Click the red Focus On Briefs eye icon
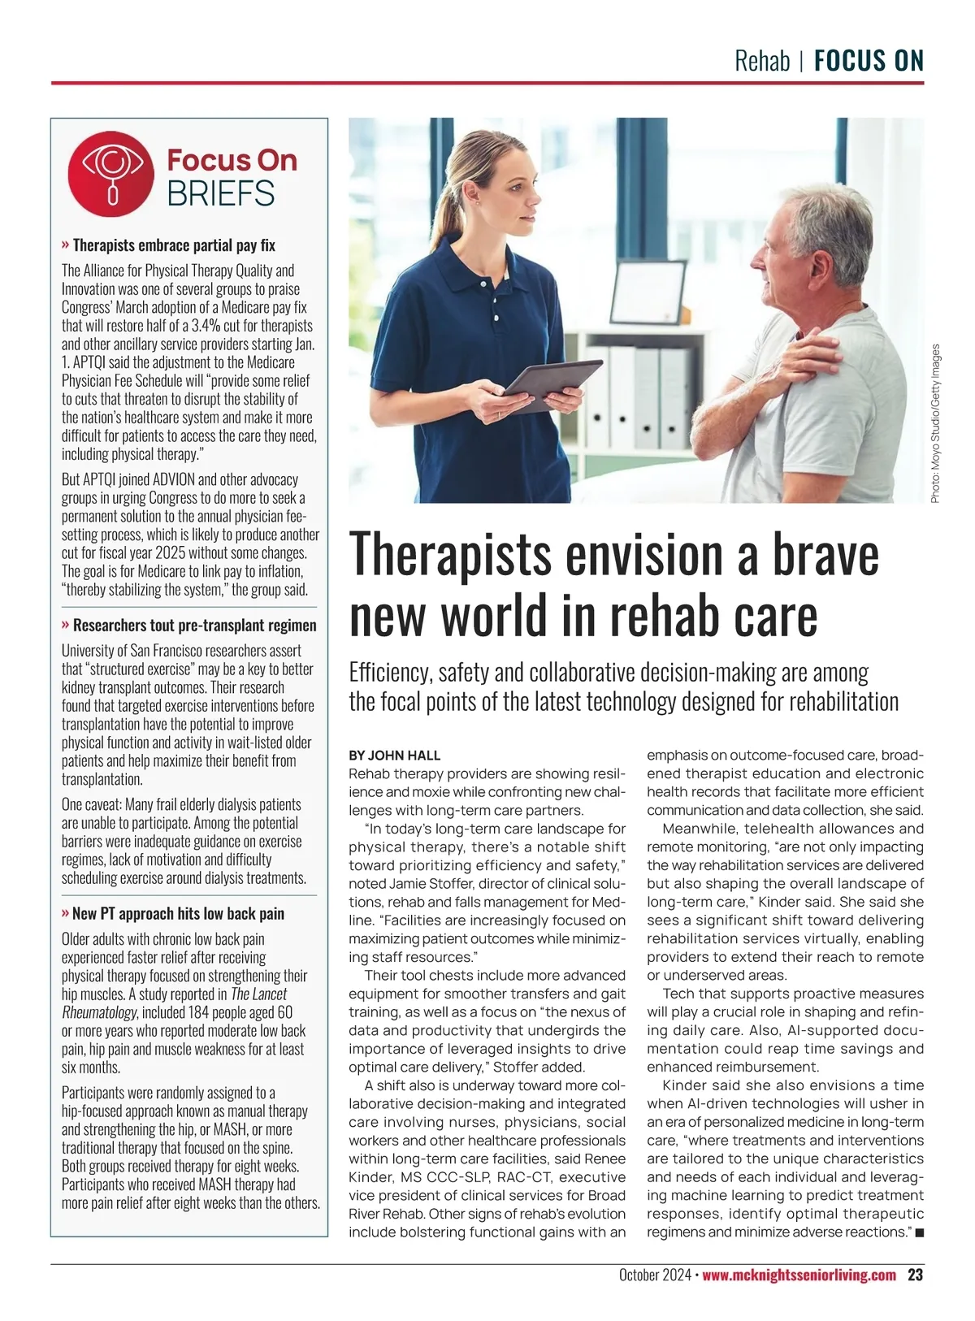(x=111, y=175)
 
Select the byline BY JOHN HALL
(x=394, y=756)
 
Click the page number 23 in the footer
(x=915, y=1275)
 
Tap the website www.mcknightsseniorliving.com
(x=799, y=1275)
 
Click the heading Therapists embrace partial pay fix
(x=174, y=245)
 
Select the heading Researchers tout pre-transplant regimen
(x=194, y=625)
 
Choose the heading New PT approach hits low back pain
(x=178, y=913)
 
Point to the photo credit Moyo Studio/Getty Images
(x=935, y=422)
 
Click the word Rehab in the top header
(x=761, y=61)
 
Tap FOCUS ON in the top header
(x=869, y=61)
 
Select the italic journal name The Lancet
(x=258, y=994)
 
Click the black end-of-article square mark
(x=919, y=1232)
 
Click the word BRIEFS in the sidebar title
(x=220, y=194)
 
